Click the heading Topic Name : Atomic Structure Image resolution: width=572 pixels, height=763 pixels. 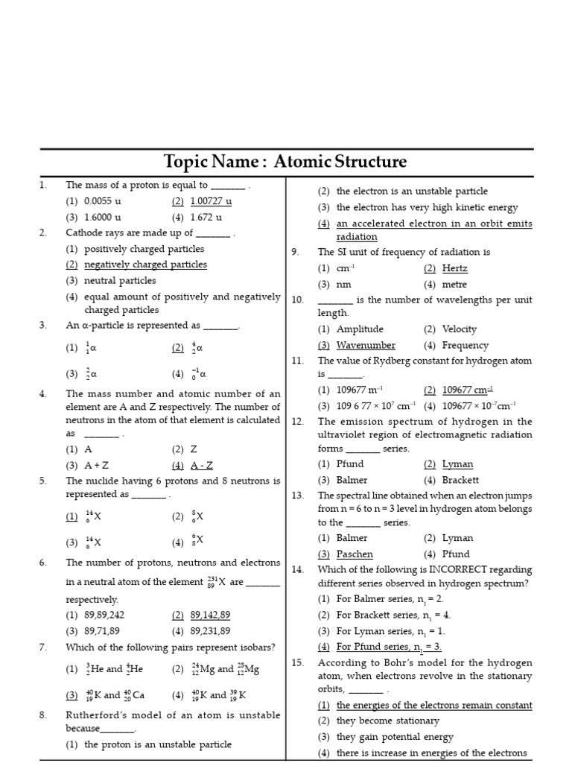[285, 162]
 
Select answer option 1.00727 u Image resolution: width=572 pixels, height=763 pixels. [211, 201]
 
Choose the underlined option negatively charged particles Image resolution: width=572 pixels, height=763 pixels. [145, 265]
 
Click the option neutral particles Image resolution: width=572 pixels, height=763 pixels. [120, 281]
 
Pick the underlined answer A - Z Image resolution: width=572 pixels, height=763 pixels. [201, 465]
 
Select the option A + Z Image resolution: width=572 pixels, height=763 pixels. [97, 465]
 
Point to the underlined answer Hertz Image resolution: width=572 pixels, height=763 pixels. [454, 268]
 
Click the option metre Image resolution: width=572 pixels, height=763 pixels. [454, 285]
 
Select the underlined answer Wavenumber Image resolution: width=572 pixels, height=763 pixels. [366, 345]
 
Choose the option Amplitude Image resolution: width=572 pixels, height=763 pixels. [360, 329]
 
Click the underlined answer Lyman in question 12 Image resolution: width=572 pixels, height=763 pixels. [457, 464]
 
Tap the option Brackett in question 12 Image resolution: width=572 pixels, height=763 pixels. [460, 480]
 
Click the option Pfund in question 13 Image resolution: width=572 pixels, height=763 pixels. [456, 554]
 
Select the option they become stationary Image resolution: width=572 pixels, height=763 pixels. [387, 721]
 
